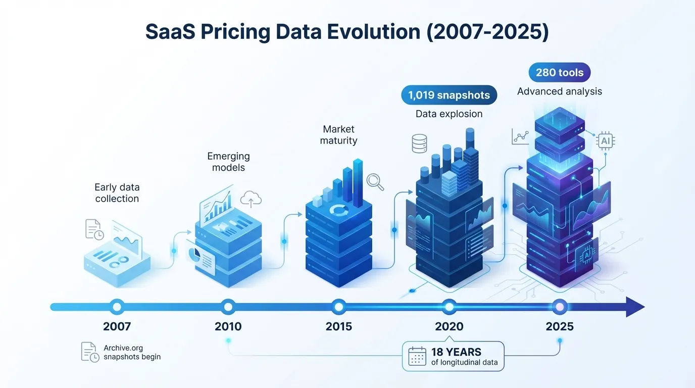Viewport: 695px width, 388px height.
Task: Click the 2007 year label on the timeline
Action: (x=117, y=326)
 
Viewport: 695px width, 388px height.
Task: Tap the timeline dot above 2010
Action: (x=228, y=306)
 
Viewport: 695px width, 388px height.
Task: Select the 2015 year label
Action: (x=338, y=326)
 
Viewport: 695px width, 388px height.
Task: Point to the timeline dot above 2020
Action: (x=449, y=306)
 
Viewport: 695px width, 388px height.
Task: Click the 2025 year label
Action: (x=560, y=326)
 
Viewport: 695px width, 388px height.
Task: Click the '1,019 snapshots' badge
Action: (x=449, y=95)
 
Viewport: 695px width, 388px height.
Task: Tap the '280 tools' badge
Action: (x=559, y=73)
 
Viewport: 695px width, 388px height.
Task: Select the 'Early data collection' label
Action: (x=117, y=193)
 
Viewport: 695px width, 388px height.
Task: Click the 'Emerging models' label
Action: (x=228, y=162)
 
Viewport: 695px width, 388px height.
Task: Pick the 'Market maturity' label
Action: (x=338, y=135)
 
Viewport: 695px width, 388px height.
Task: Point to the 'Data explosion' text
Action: (x=449, y=114)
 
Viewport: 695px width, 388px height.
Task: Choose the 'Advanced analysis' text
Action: (x=559, y=91)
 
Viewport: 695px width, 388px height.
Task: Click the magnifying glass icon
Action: (x=375, y=182)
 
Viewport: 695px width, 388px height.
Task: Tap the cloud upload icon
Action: (x=251, y=200)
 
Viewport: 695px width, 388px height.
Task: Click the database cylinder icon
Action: (x=419, y=143)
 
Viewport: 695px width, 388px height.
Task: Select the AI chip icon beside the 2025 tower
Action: (x=605, y=141)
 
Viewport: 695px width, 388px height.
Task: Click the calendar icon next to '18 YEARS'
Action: (x=417, y=356)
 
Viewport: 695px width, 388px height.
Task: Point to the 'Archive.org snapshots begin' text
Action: (x=132, y=352)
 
